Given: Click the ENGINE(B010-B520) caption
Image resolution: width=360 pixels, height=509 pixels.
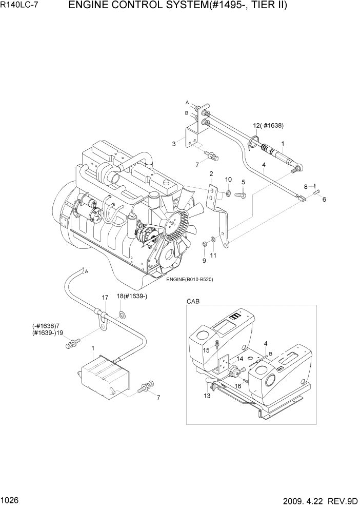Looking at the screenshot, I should [x=189, y=279].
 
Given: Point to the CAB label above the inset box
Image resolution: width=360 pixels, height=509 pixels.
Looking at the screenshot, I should [x=193, y=301].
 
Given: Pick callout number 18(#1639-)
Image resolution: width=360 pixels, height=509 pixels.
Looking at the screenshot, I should [x=132, y=297].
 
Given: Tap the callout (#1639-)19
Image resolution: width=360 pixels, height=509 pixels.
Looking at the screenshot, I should [x=48, y=332].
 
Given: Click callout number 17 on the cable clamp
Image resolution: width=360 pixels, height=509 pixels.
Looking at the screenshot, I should [x=105, y=297].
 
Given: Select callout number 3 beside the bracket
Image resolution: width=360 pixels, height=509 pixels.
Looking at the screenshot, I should [x=174, y=144].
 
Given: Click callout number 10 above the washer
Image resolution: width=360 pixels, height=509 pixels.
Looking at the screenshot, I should [x=228, y=179].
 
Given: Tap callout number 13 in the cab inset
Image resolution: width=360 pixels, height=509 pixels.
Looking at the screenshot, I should [x=207, y=395].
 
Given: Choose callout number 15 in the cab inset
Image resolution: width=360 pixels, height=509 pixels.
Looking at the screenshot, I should [x=206, y=350].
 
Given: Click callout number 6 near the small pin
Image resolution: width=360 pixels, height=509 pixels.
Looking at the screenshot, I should [x=324, y=200].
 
